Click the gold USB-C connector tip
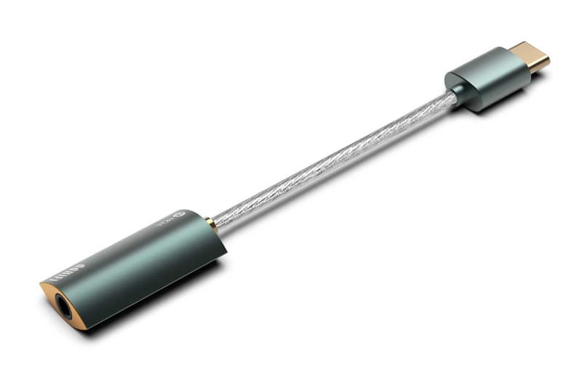[x=529, y=56]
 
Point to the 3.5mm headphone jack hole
[x=64, y=308]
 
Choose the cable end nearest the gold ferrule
[x=222, y=219]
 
